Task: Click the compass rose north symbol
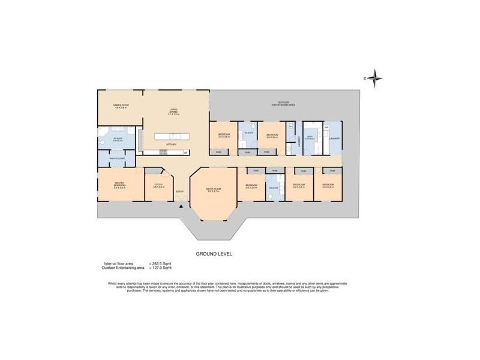click(374, 77)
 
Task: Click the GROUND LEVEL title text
click(214, 254)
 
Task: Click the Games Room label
click(121, 106)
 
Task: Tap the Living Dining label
click(173, 111)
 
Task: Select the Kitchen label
click(171, 145)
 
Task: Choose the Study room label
click(158, 185)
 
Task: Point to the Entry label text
click(179, 192)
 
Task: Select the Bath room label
click(310, 138)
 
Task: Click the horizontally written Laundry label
click(334, 138)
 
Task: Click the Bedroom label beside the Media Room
click(251, 185)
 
